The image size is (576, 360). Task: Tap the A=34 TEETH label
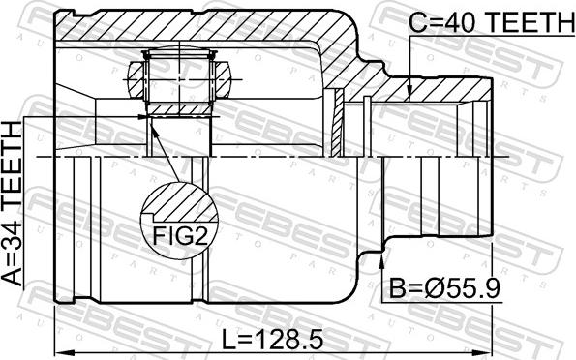[x=13, y=203]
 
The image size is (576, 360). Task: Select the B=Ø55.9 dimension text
[x=444, y=287]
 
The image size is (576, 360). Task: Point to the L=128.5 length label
[x=273, y=339]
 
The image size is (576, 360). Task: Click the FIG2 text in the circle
[x=180, y=235]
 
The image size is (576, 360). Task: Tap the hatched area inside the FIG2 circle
[x=180, y=203]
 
